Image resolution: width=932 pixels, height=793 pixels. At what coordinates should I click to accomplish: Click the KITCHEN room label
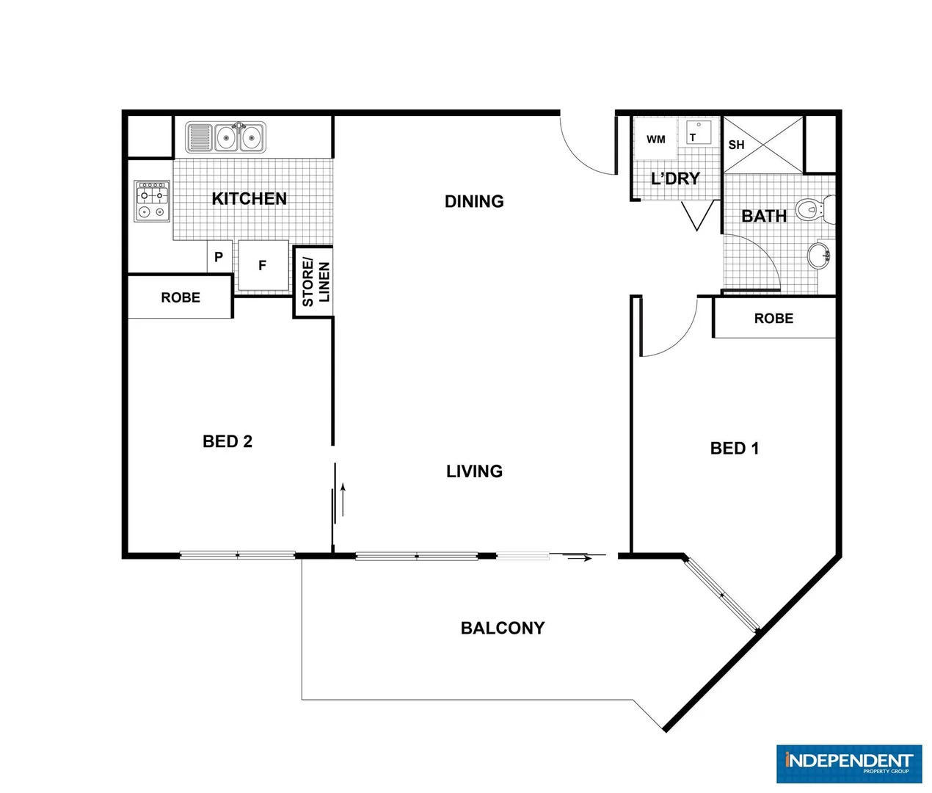coord(249,199)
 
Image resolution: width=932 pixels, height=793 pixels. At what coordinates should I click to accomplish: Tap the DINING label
coord(474,201)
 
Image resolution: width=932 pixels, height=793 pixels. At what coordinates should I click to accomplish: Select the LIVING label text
coord(474,471)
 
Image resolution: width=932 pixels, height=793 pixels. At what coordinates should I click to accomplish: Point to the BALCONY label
coord(503,629)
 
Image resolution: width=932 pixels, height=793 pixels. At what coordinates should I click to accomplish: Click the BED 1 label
coord(735,449)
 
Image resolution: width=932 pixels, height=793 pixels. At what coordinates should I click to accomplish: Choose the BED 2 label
coord(227,441)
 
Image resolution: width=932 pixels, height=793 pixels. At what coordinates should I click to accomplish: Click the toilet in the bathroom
coord(815,209)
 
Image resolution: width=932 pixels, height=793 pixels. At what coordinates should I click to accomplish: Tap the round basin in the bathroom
coord(818,256)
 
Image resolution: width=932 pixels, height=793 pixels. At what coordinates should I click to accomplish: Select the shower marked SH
coord(763,145)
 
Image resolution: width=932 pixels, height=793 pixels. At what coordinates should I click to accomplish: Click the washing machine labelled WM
coord(655,140)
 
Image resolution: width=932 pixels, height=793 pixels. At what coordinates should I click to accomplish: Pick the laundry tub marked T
coord(699,134)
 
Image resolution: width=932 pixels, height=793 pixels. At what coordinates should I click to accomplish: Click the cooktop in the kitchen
coord(152,201)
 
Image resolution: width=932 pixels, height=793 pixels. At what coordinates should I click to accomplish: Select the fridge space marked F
coord(263,266)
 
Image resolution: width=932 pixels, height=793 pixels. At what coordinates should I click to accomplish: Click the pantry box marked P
coord(219,258)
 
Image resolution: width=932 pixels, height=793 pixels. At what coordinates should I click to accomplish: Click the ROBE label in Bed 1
coord(773,319)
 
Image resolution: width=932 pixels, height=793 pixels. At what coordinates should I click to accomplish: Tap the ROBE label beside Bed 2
coord(181,297)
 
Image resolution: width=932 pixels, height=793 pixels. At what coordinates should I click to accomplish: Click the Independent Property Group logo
coord(848,764)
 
